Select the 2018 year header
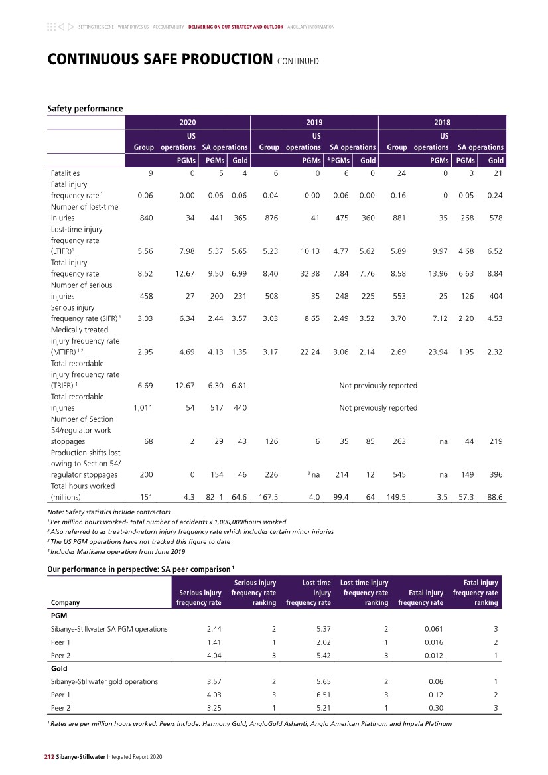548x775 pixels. pyautogui.click(x=442, y=122)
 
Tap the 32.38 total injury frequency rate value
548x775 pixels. pyautogui.click(x=310, y=273)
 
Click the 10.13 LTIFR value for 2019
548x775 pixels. pyautogui.click(x=310, y=251)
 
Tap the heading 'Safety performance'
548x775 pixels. pyautogui.click(x=85, y=108)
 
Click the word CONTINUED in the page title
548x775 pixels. pyautogui.click(x=299, y=62)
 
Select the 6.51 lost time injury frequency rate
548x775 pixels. pyautogui.click(x=321, y=695)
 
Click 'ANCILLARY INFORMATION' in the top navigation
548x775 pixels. pyautogui.click(x=311, y=27)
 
